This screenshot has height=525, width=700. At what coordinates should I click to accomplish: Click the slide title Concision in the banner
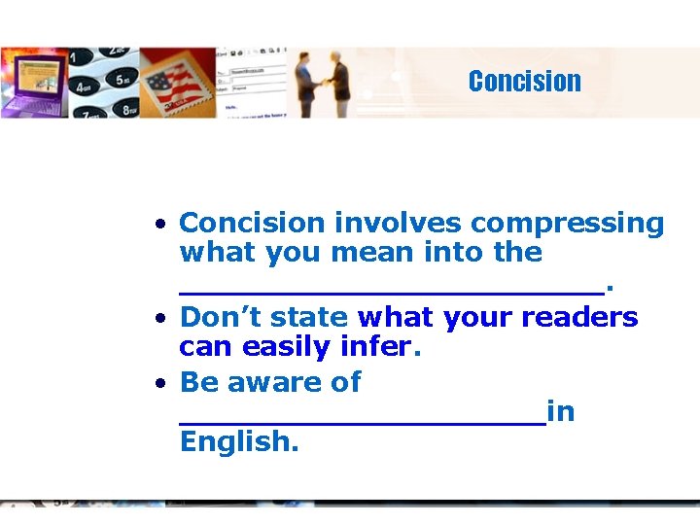[524, 82]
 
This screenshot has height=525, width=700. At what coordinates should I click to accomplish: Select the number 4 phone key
[87, 96]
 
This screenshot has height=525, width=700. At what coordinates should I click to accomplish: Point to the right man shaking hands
[339, 86]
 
